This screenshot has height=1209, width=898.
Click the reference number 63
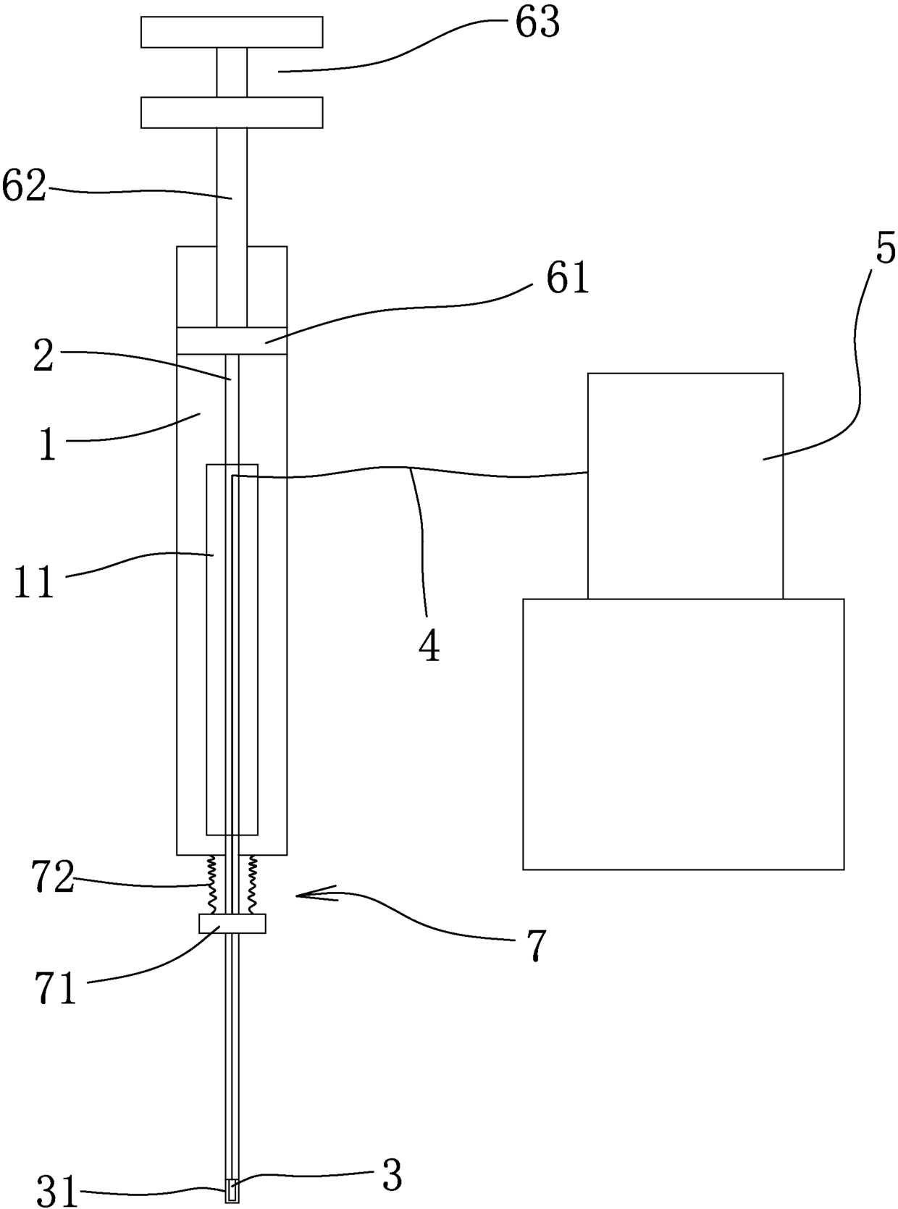(x=537, y=23)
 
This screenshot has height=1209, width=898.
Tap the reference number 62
(x=23, y=186)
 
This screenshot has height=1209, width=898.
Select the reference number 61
(x=568, y=278)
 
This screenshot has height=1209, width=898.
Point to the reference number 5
(x=885, y=248)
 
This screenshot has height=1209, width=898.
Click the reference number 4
(x=429, y=646)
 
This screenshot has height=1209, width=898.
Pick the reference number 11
(x=34, y=582)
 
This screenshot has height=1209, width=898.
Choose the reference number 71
(x=56, y=989)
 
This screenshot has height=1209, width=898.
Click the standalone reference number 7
(x=534, y=945)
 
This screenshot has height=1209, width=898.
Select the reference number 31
(x=57, y=1191)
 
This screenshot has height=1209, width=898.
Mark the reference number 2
(x=44, y=358)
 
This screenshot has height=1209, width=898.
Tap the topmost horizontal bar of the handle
(x=232, y=32)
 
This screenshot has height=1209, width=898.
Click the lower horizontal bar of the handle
(x=232, y=113)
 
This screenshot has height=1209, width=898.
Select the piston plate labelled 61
(x=232, y=341)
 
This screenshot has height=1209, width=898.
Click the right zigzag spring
(x=253, y=884)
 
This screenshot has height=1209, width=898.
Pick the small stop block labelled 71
(x=232, y=924)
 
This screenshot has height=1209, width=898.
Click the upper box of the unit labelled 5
(x=685, y=485)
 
